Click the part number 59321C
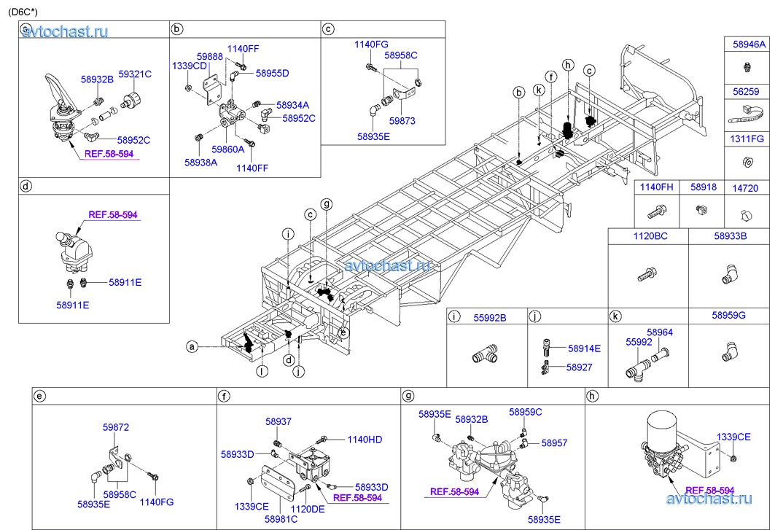pyautogui.click(x=135, y=74)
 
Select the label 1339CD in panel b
pyautogui.click(x=188, y=66)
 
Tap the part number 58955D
pyautogui.click(x=272, y=73)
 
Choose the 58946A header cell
pyautogui.click(x=749, y=44)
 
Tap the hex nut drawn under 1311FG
pyautogui.click(x=747, y=161)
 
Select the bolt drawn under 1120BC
pyautogui.click(x=647, y=276)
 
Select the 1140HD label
pyautogui.click(x=365, y=440)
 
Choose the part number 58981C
pyautogui.click(x=281, y=519)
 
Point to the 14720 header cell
pyautogui.click(x=747, y=187)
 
